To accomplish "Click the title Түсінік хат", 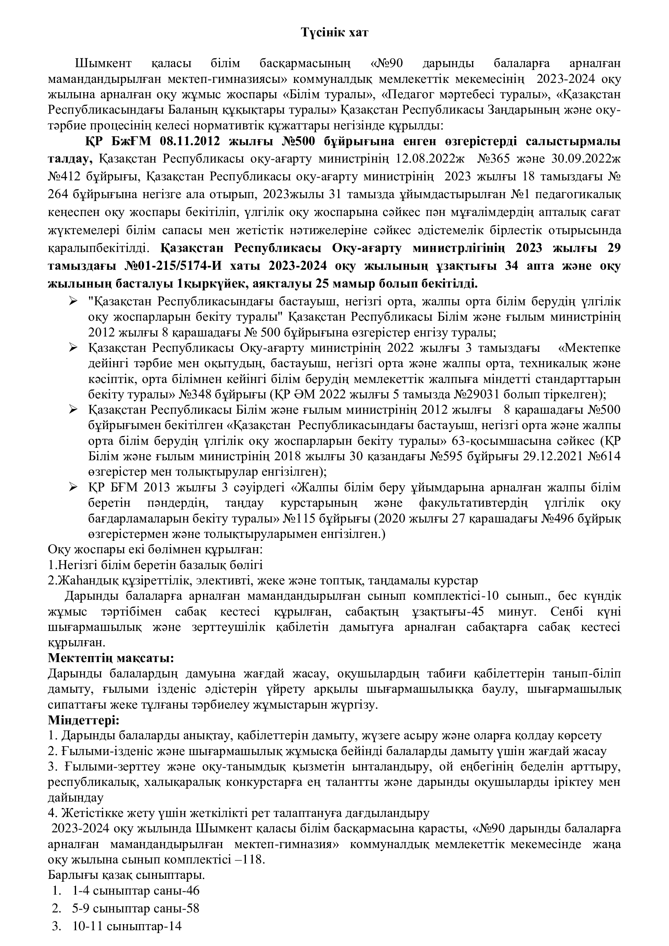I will [334, 33].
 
